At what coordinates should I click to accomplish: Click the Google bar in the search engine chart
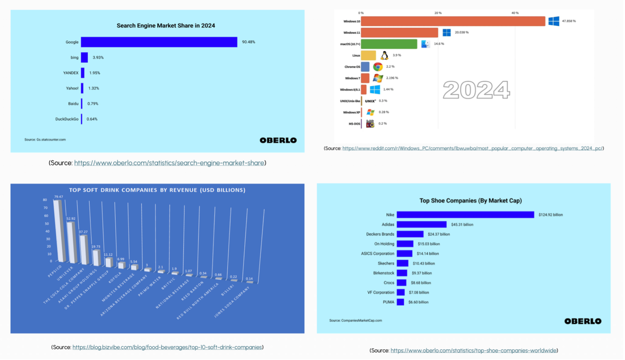(159, 42)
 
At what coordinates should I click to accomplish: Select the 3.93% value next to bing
(98, 58)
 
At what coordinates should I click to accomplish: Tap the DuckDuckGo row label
(67, 119)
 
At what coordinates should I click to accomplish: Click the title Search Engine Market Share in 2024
(166, 26)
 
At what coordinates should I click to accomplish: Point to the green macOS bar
(389, 44)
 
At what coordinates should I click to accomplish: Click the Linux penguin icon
(384, 56)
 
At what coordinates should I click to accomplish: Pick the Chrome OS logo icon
(377, 67)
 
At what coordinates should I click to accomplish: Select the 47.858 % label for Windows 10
(569, 21)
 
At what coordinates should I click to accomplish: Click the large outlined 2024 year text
(476, 90)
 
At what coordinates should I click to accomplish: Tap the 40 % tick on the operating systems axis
(515, 13)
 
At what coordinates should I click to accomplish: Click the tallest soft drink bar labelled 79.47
(59, 231)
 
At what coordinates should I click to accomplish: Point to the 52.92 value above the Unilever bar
(71, 218)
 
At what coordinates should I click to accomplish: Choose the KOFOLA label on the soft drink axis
(115, 277)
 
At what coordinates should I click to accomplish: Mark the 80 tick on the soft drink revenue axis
(45, 200)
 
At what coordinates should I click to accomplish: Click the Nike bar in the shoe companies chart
(465, 215)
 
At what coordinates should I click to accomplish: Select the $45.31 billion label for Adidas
(462, 225)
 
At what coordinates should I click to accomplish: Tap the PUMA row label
(388, 302)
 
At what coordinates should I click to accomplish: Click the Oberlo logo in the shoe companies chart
(582, 321)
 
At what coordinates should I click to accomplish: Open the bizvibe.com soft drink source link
(167, 347)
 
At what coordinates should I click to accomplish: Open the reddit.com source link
(472, 148)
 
